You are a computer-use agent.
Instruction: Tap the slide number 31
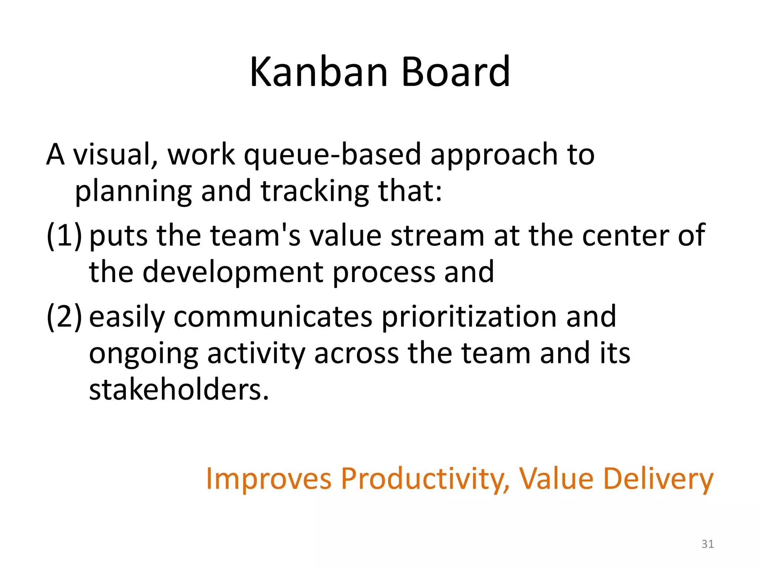(x=707, y=544)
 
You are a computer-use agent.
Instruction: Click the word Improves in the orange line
(x=268, y=479)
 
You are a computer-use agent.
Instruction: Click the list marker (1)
(x=64, y=235)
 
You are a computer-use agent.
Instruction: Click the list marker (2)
(x=64, y=317)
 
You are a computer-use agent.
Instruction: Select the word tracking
(x=315, y=191)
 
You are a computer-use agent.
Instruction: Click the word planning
(x=133, y=191)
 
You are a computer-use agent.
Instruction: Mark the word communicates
(x=273, y=317)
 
